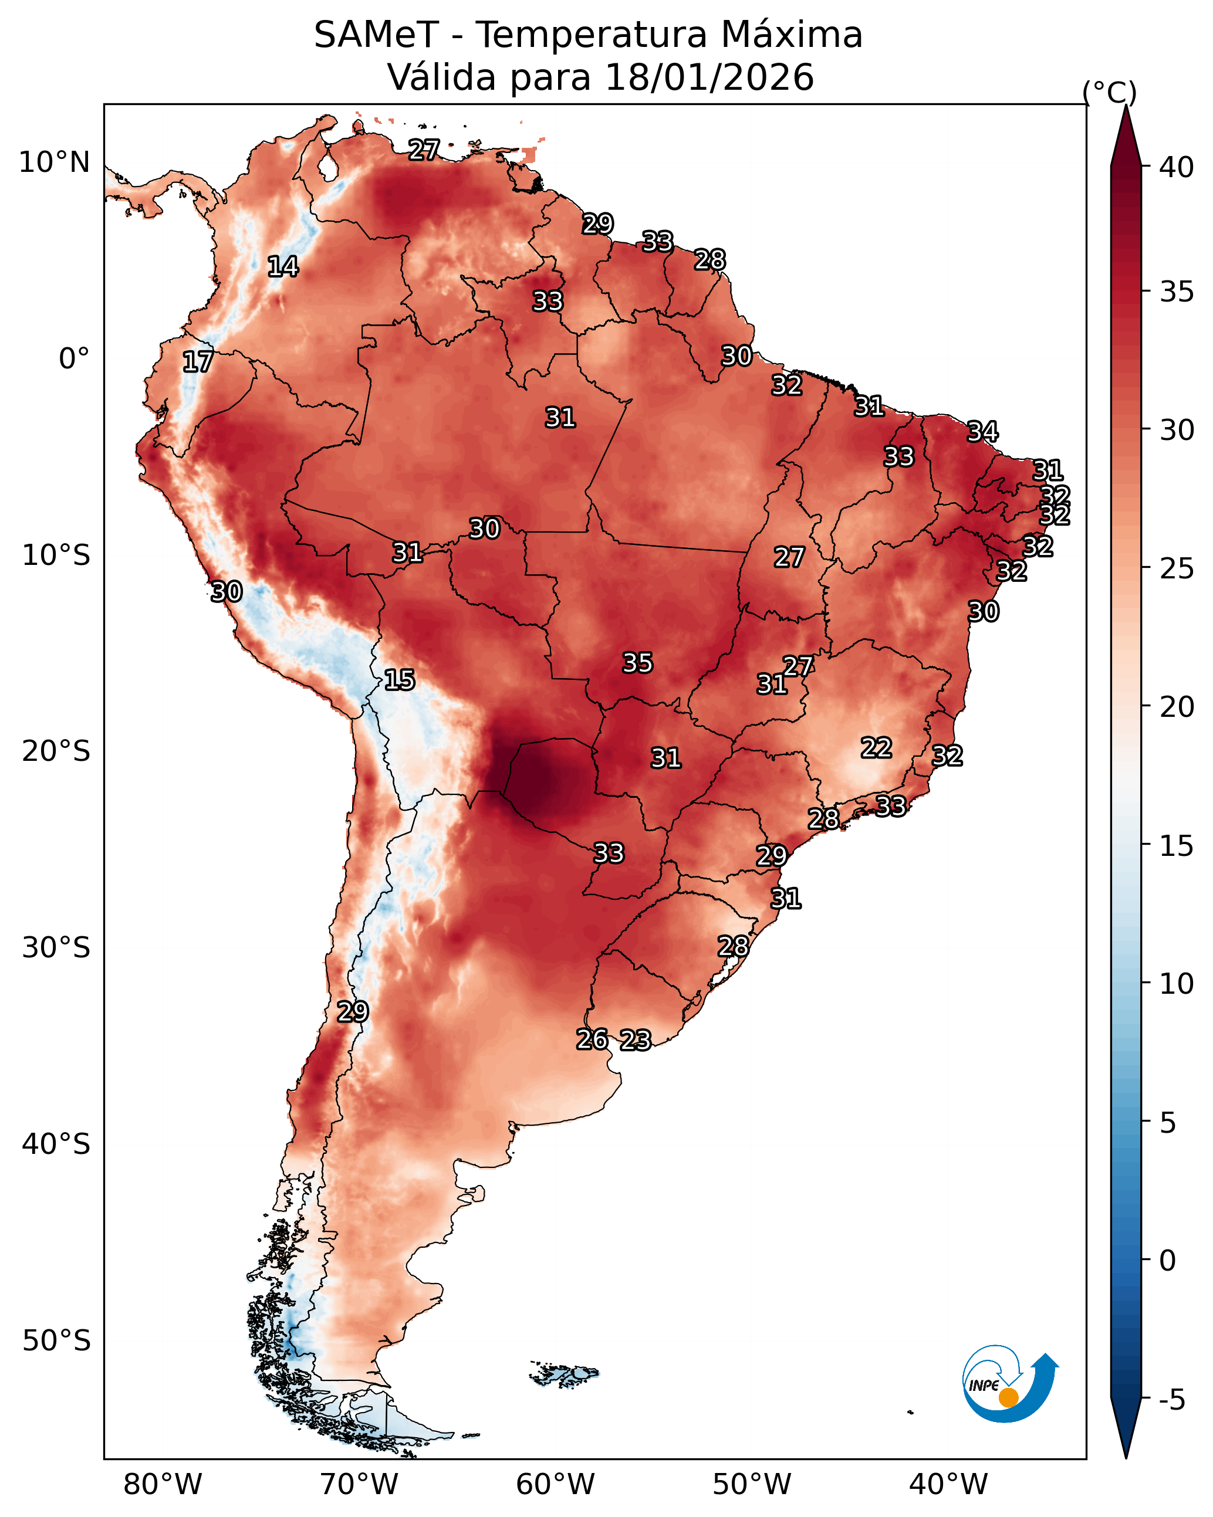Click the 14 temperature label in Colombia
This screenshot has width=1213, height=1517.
point(283,266)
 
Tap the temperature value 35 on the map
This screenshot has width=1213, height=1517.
point(638,662)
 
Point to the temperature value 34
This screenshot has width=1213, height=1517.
point(983,431)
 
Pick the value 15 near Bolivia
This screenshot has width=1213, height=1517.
point(400,680)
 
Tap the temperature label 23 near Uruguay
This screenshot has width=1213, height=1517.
point(636,1040)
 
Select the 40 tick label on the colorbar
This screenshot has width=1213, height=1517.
point(1177,167)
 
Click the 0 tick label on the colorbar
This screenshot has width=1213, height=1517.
point(1168,1261)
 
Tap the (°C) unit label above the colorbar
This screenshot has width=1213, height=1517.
point(1110,92)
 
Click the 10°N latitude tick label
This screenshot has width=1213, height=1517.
point(54,162)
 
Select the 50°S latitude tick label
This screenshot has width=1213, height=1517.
point(56,1341)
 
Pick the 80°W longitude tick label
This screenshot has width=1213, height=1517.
point(163,1485)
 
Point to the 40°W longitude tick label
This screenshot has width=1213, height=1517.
point(949,1485)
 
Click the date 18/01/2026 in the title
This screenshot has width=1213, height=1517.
point(709,77)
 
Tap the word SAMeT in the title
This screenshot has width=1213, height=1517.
point(377,35)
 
